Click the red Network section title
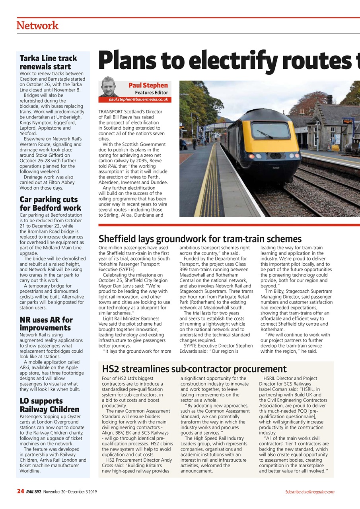pos(37,25)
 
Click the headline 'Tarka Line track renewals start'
pos(48,62)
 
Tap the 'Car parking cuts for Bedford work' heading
pos(50,204)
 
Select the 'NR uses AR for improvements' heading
pos(46,324)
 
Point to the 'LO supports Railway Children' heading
pos(49,405)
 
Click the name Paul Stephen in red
pos(148,85)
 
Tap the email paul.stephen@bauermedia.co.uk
pos(138,99)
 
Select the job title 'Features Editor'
pos(154,93)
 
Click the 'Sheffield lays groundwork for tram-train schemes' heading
pos(200,239)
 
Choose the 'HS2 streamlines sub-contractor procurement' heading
pos(194,369)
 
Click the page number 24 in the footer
pos(21,492)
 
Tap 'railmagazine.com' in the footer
pos(320,492)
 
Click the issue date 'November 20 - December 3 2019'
pos(71,492)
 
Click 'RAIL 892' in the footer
pos(34,492)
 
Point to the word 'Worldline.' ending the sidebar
pos(30,471)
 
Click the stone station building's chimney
pos(329,99)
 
